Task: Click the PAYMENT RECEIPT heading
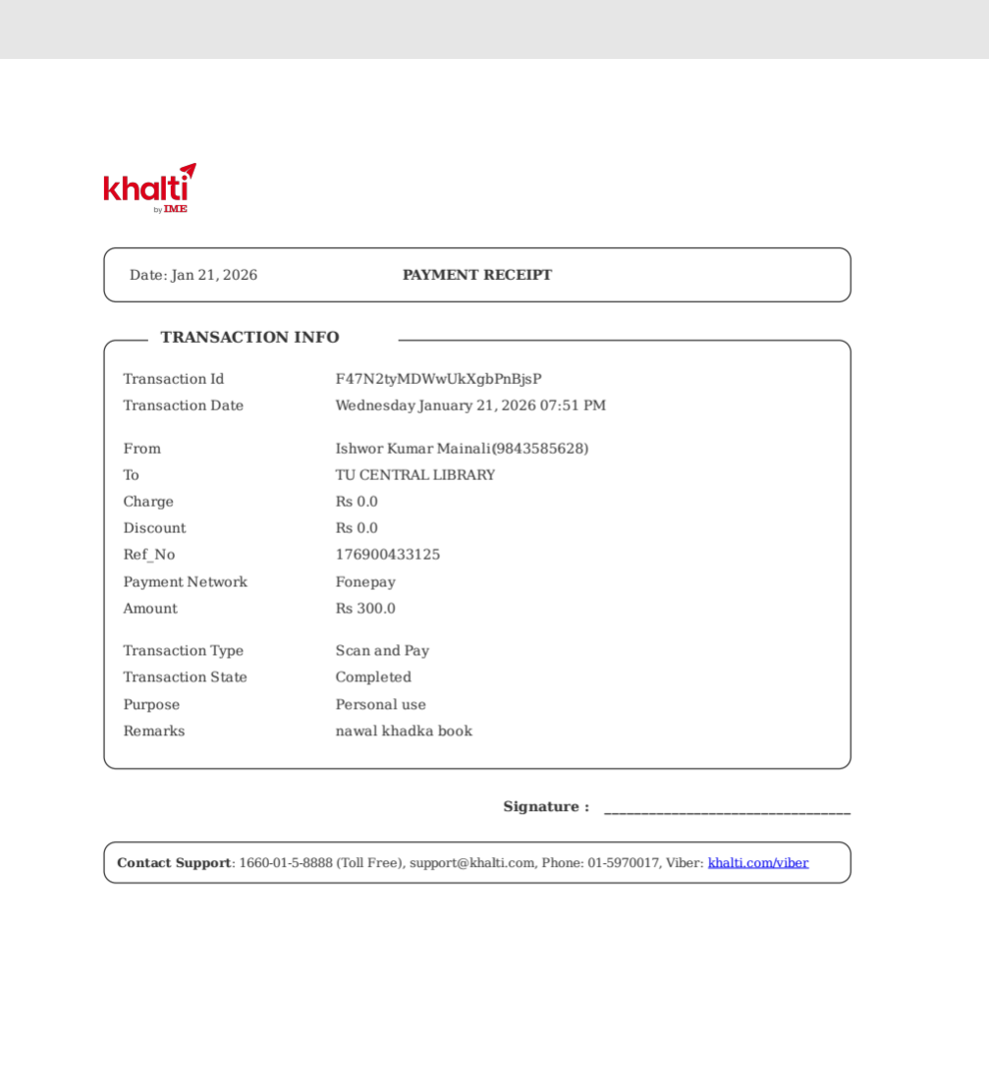point(477,275)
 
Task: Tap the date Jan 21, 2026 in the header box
point(214,275)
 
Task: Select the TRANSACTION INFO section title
point(249,338)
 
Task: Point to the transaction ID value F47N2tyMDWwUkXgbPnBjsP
point(438,379)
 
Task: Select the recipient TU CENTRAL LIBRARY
point(415,475)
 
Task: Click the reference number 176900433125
point(388,555)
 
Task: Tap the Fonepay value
point(365,582)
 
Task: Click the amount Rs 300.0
point(365,609)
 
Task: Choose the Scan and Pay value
point(382,651)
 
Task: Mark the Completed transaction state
point(373,677)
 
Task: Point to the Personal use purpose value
point(381,705)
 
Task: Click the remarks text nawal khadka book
point(404,731)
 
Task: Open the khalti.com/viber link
point(758,863)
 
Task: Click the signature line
point(727,811)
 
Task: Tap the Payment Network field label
point(185,582)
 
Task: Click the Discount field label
point(154,528)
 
